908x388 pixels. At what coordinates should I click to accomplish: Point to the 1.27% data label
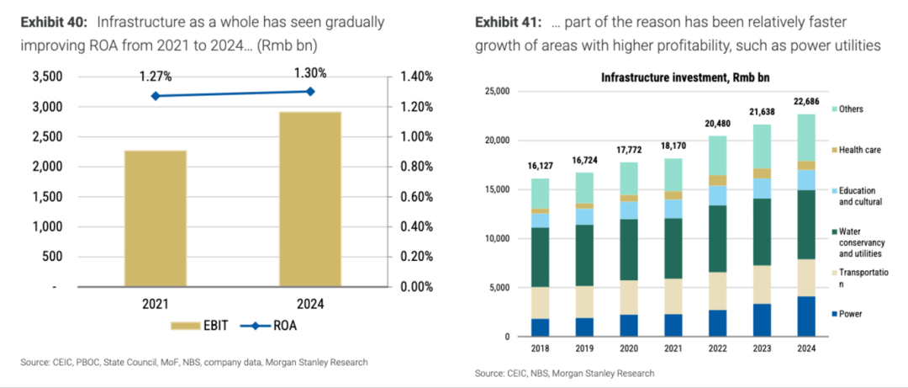tap(156, 77)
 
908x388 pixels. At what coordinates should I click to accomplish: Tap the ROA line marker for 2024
tap(310, 91)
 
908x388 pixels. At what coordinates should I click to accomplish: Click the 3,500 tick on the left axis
tap(46, 77)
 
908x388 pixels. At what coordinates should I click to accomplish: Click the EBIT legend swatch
tap(184, 326)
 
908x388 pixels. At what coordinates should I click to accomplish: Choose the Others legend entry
tap(850, 109)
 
